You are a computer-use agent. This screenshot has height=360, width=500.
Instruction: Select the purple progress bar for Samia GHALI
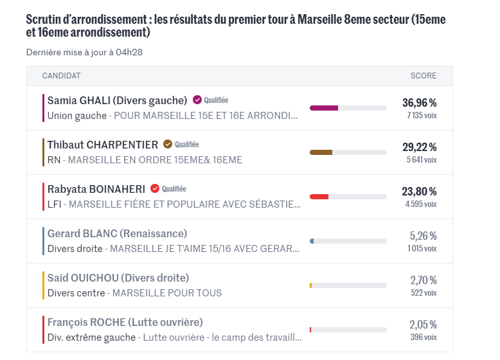point(324,108)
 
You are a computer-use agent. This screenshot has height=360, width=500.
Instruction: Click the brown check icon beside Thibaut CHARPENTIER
point(168,145)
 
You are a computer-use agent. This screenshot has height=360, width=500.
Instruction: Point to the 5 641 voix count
point(421,159)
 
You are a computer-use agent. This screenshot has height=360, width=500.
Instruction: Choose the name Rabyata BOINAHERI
point(96,189)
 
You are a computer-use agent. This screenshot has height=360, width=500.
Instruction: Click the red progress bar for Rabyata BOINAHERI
point(319,197)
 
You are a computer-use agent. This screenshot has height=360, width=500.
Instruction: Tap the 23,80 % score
point(419,192)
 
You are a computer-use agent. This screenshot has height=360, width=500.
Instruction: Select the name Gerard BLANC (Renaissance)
point(117,233)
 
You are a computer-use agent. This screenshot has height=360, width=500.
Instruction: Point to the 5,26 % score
point(423,236)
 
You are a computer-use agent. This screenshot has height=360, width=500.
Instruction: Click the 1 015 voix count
point(421,248)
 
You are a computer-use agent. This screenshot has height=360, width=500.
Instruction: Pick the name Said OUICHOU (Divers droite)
point(118,278)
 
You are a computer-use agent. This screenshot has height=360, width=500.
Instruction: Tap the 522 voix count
point(424,292)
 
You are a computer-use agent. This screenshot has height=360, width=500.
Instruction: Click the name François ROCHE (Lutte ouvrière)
point(125,322)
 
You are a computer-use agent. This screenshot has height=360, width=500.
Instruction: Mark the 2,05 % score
point(423,325)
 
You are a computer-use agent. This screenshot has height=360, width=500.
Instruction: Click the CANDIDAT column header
point(62,76)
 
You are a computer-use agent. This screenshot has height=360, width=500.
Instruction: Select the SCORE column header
point(424,76)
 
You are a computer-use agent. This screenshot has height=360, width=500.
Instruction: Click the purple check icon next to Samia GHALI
point(197,100)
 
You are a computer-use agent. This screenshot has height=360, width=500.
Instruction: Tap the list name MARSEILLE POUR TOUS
point(167,293)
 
